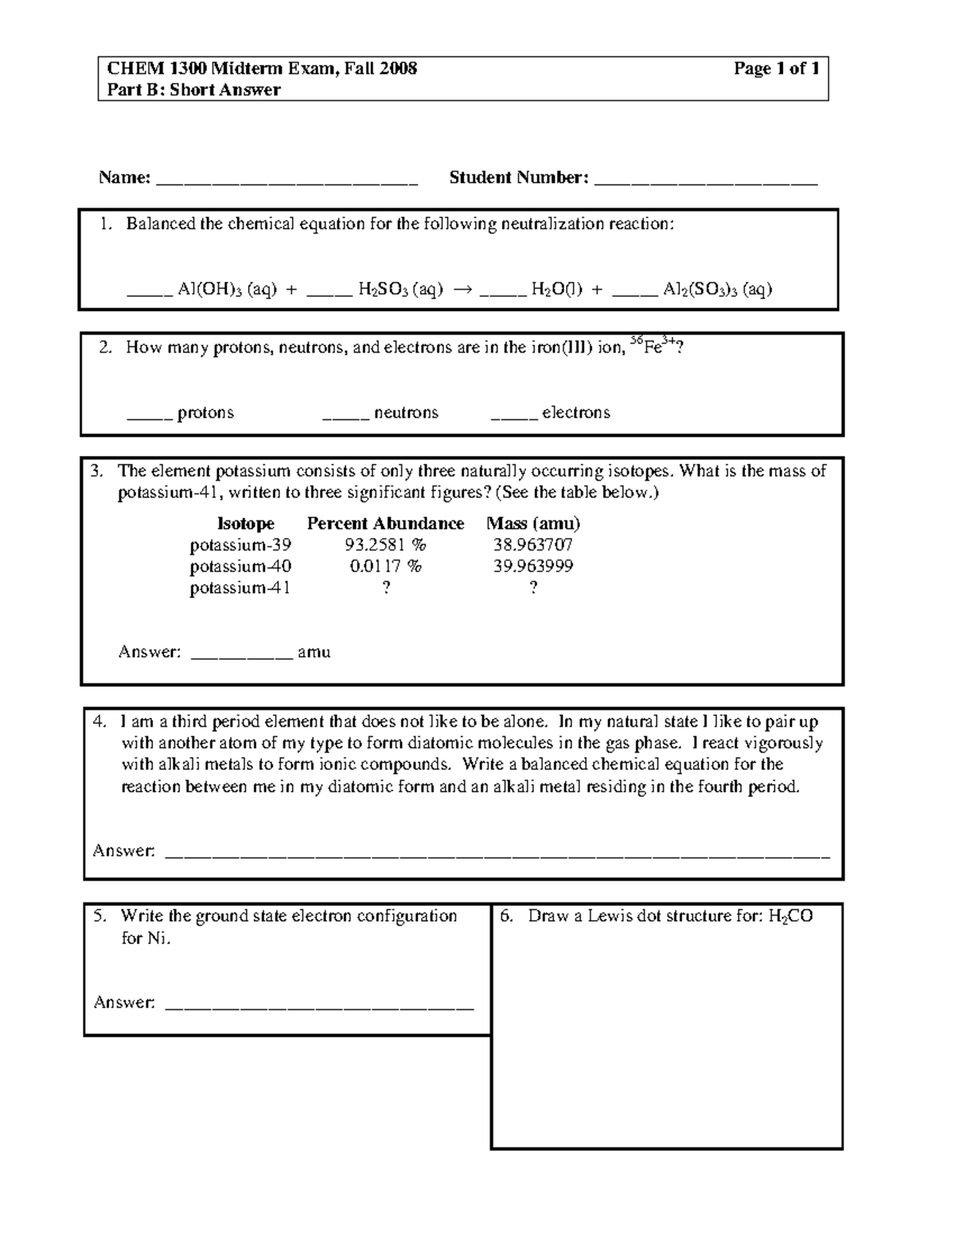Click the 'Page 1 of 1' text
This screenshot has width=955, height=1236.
[x=776, y=68]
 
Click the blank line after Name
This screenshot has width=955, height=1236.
[x=287, y=181]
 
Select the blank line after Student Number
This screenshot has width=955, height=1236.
[x=706, y=181]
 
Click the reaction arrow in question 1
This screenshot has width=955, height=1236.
[x=462, y=290]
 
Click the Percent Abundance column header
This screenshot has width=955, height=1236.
[x=385, y=524]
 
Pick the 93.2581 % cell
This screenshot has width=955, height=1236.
[x=385, y=545]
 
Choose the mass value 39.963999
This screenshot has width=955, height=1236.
[x=532, y=567]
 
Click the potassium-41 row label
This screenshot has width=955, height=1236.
[x=240, y=588]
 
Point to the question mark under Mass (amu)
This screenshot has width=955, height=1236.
[x=533, y=588]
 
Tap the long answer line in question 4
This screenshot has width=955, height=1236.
[x=497, y=855]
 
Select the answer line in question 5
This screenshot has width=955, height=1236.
[x=318, y=1007]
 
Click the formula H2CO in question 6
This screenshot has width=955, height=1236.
[x=790, y=917]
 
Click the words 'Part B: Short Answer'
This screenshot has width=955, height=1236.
[x=194, y=90]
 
